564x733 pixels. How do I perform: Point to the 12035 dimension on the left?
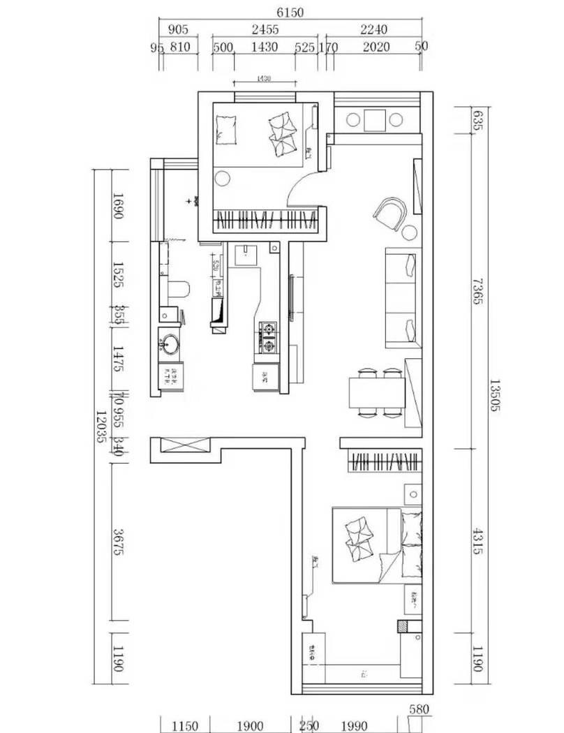click(102, 427)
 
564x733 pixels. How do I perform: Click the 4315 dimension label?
click(477, 541)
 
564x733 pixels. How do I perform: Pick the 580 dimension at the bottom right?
click(418, 710)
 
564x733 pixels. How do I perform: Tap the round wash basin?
click(170, 344)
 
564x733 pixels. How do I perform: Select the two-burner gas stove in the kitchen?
click(269, 336)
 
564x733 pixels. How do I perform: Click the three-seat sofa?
click(403, 298)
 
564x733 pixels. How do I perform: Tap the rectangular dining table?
click(377, 392)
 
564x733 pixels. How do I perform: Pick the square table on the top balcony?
click(375, 120)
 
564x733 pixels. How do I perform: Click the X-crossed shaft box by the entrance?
click(184, 445)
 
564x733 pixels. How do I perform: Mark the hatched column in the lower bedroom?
click(403, 627)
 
